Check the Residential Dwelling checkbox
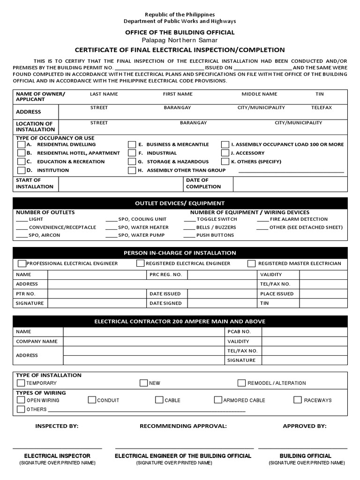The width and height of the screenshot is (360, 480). (x=21, y=144)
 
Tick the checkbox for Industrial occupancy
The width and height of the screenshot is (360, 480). (x=132, y=153)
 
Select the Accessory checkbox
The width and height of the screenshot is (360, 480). (x=225, y=153)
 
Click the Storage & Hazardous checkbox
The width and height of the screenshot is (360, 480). (x=132, y=162)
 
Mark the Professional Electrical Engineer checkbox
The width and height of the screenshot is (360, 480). (x=22, y=263)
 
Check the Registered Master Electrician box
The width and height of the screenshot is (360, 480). (x=251, y=263)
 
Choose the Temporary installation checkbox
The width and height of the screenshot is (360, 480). (x=21, y=383)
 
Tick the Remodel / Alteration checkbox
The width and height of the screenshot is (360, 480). (x=241, y=383)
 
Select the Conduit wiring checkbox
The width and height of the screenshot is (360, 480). (x=92, y=400)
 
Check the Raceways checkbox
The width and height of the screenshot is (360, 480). (x=298, y=400)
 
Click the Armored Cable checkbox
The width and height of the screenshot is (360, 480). (x=218, y=400)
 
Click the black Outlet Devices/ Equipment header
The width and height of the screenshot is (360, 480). (x=180, y=203)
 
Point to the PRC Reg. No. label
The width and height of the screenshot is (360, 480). (x=165, y=274)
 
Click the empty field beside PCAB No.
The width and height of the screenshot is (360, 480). (x=304, y=331)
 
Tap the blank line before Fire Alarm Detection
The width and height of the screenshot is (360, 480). (x=263, y=219)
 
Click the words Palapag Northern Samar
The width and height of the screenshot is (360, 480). (x=180, y=41)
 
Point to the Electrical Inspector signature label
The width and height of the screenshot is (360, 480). (x=57, y=456)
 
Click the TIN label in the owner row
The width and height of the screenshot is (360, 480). (x=320, y=94)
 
